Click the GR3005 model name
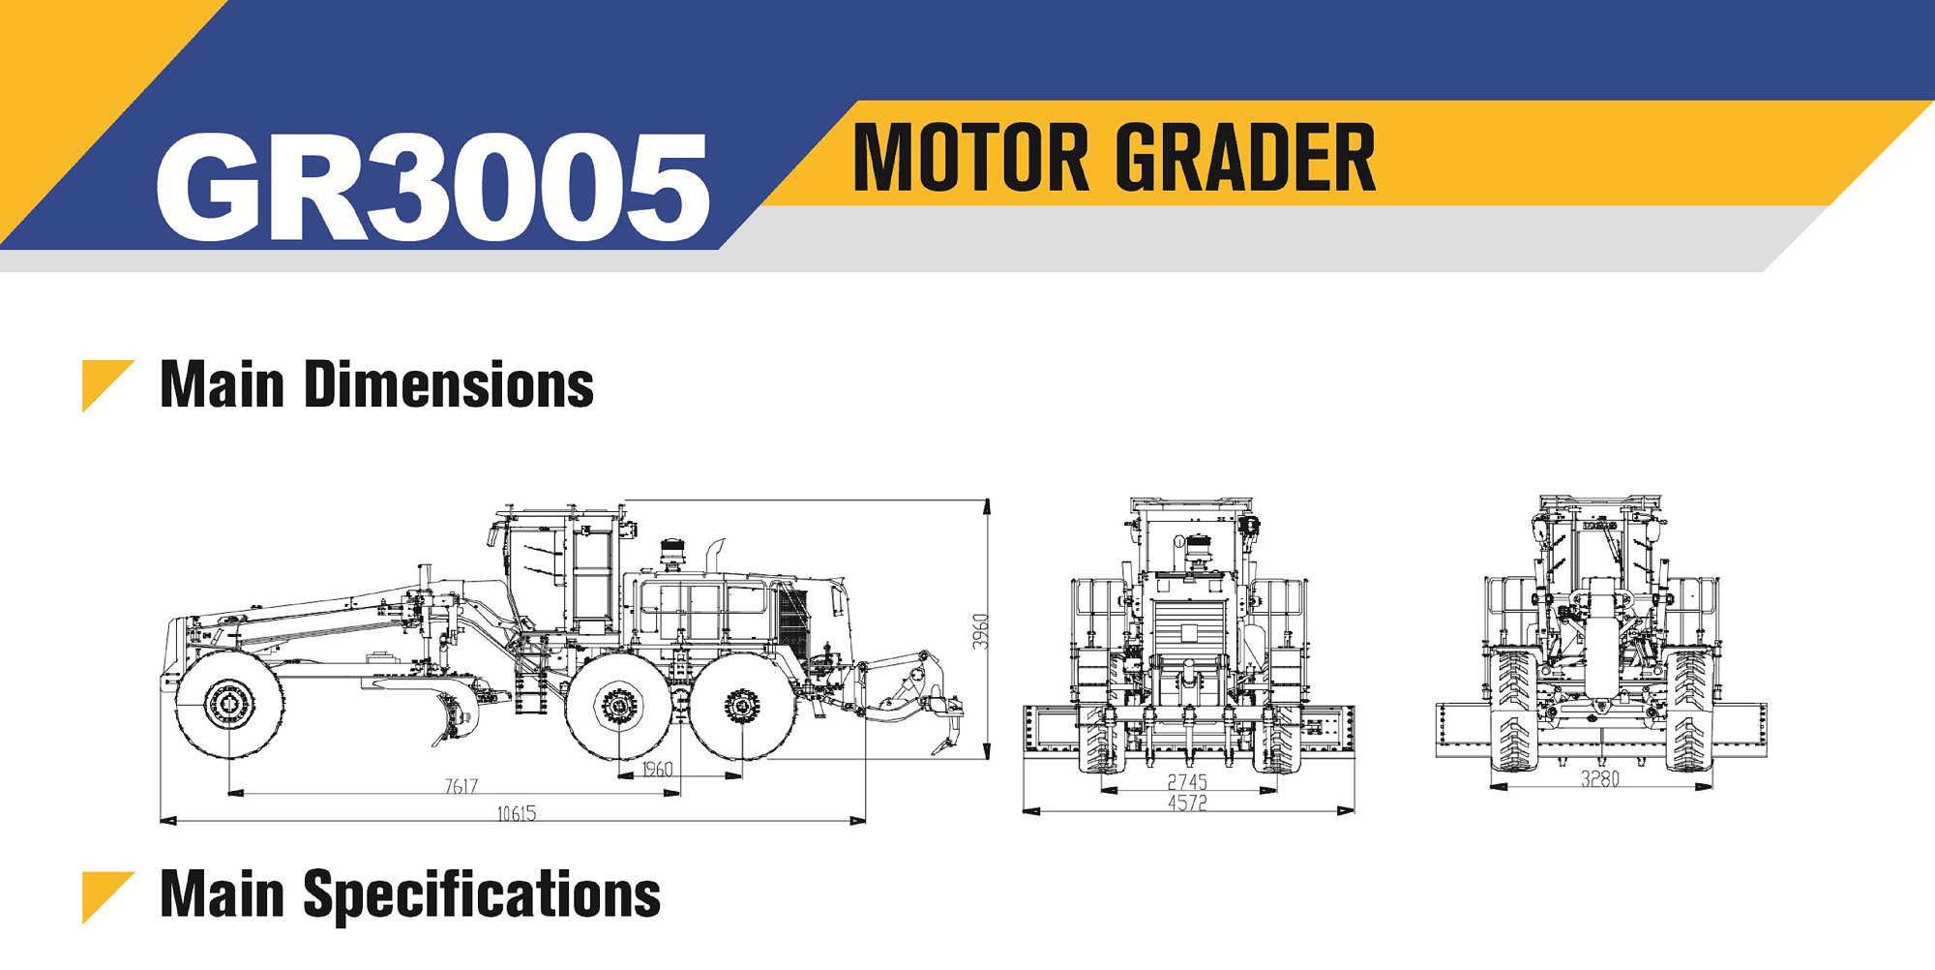click(x=432, y=186)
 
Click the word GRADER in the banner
click(x=1249, y=158)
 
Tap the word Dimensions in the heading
click(x=448, y=384)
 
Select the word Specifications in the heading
click(x=481, y=894)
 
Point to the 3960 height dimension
click(x=980, y=631)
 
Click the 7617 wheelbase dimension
click(x=461, y=786)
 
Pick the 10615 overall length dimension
click(x=516, y=813)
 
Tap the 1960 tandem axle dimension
click(x=657, y=769)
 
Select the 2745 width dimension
click(x=1186, y=781)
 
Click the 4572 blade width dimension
click(x=1186, y=803)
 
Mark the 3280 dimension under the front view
click(x=1599, y=778)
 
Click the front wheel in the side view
click(x=229, y=704)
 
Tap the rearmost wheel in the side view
click(x=742, y=706)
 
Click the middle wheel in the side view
click(x=617, y=706)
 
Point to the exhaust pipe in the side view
click(x=714, y=556)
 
